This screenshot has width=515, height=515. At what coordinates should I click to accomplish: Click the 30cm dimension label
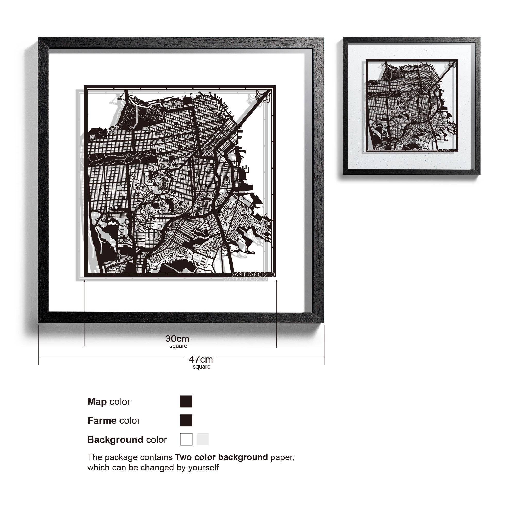point(177,339)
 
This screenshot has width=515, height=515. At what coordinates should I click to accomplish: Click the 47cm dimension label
point(201,359)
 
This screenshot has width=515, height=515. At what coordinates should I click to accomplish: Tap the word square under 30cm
point(178,346)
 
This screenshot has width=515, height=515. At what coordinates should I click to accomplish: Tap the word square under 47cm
point(202,367)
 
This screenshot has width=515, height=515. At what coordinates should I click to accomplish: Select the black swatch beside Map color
point(186,401)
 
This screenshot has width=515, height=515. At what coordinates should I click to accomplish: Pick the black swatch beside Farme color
point(186,420)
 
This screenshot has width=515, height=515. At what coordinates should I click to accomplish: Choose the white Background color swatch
point(186,439)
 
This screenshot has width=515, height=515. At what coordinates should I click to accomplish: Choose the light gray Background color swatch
point(203,439)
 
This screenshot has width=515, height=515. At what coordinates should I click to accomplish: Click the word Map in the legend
point(97,402)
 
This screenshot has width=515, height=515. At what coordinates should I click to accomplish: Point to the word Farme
point(102,421)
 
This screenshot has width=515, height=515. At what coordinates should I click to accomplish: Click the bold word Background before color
point(115,440)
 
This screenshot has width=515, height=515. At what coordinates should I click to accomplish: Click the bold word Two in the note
point(184,457)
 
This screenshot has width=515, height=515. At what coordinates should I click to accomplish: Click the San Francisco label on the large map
point(253,274)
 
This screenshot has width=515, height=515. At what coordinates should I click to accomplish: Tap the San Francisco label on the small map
point(447,151)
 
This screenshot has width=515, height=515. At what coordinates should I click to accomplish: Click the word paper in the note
point(282,457)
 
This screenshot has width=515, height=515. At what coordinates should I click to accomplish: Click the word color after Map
point(120,402)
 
